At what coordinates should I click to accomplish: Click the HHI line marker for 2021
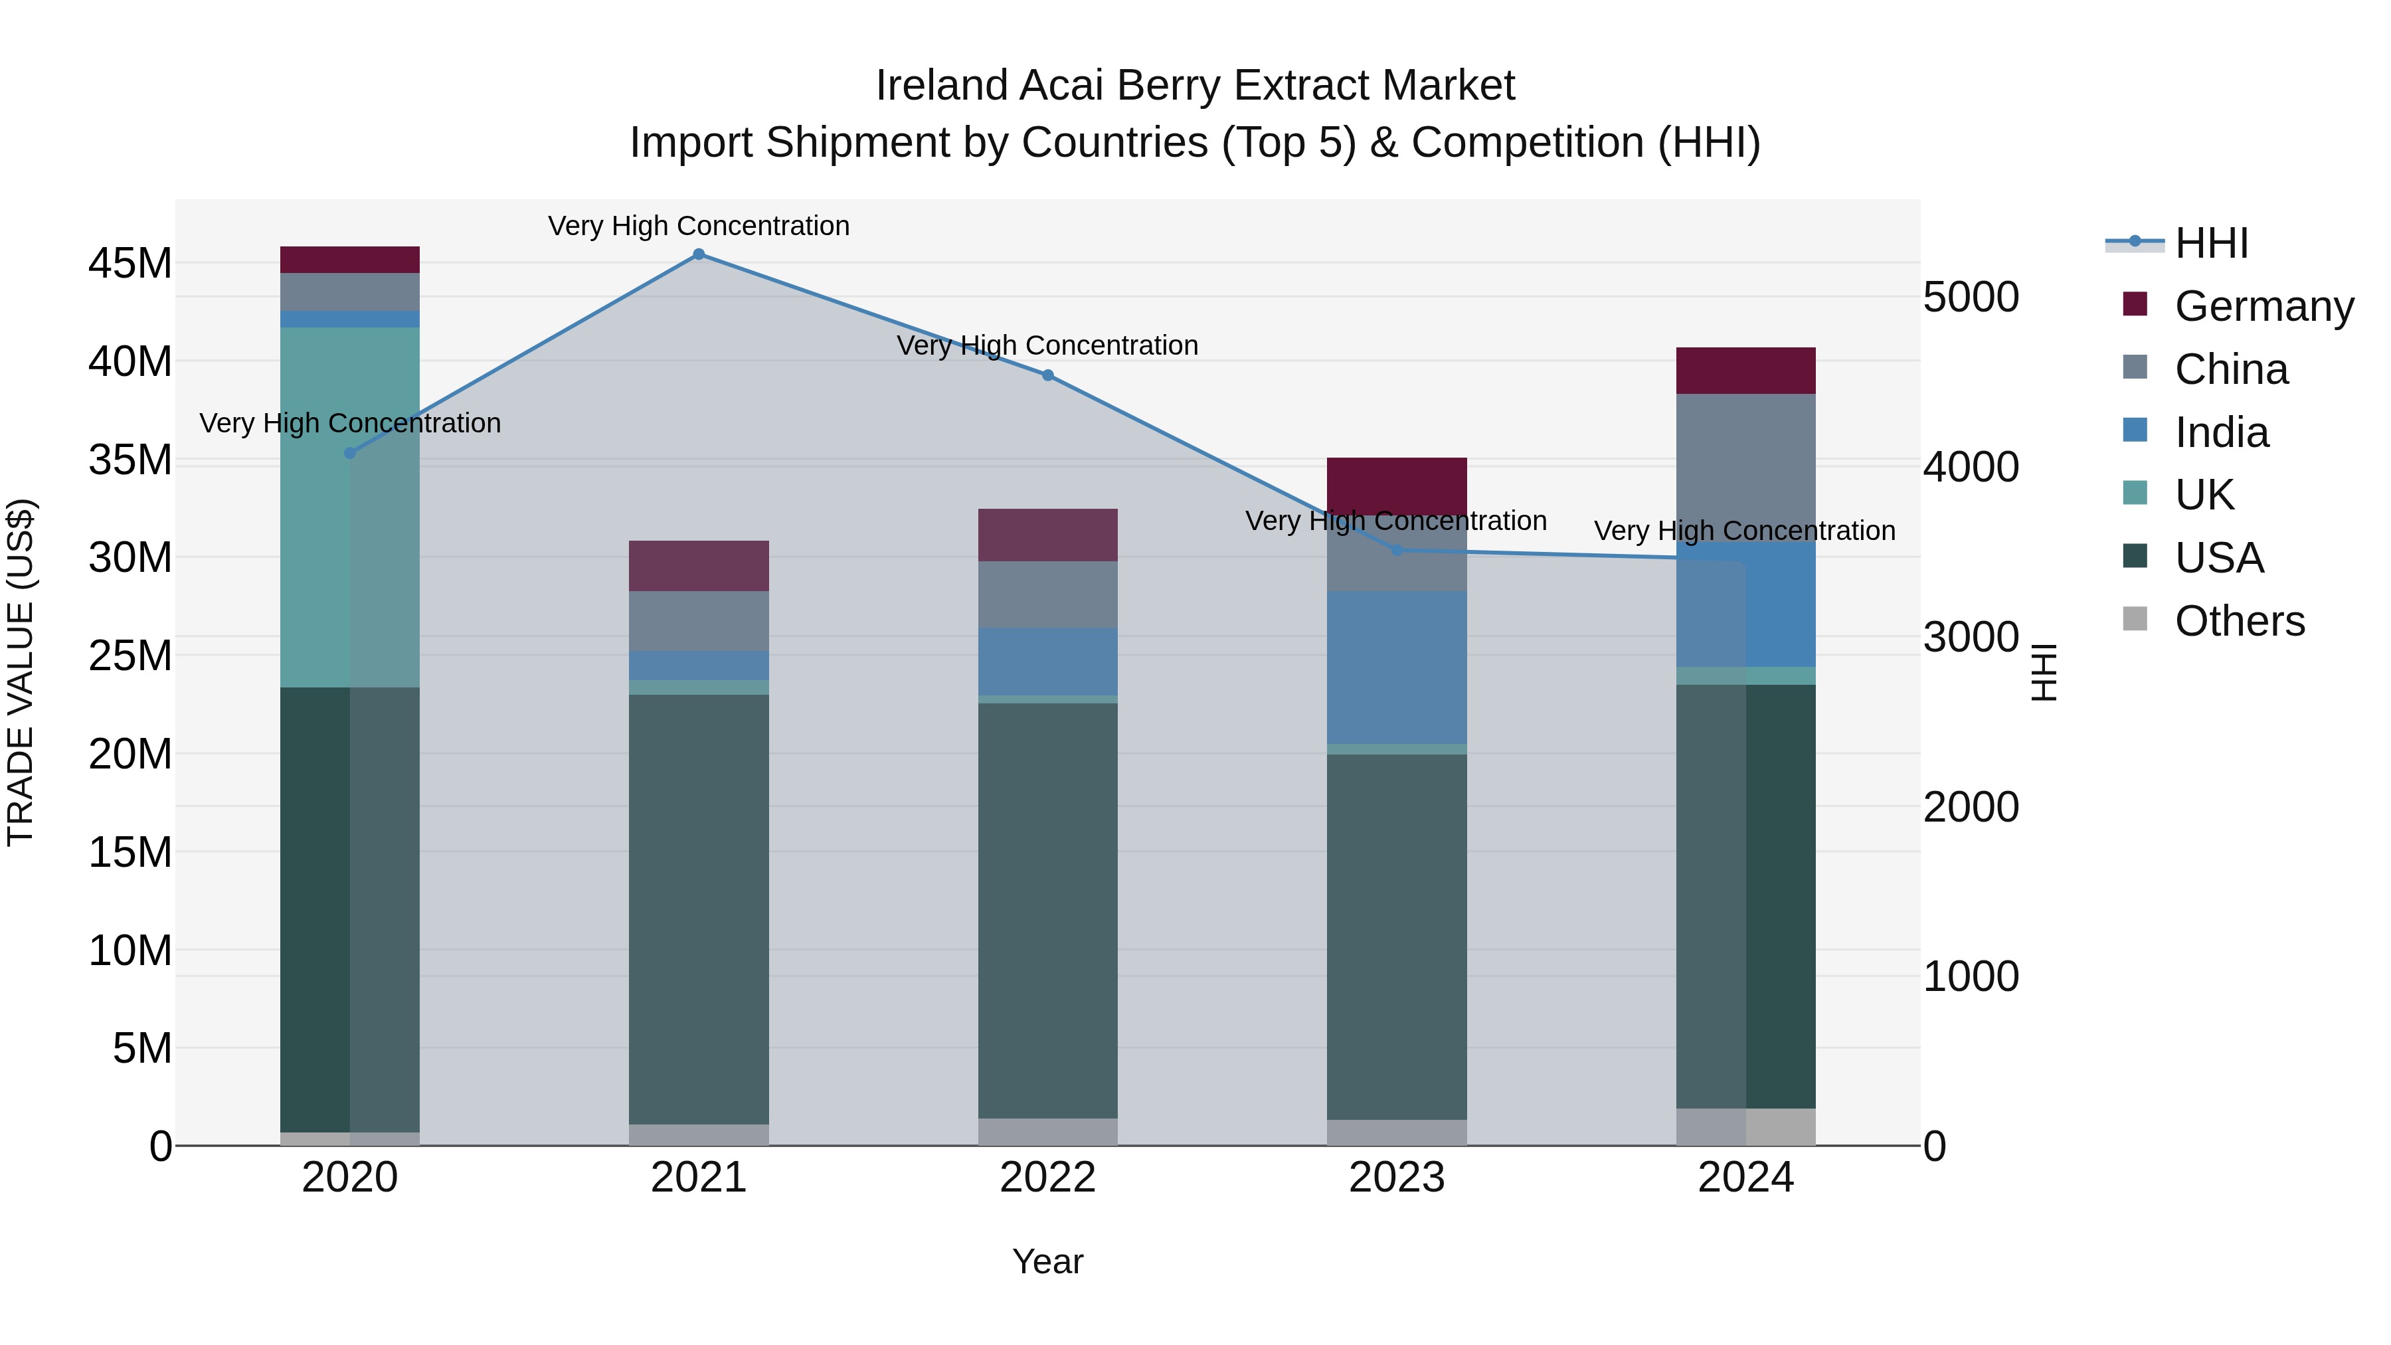point(699,254)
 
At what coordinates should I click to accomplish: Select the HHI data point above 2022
point(1048,375)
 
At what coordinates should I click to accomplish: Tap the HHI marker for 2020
point(350,453)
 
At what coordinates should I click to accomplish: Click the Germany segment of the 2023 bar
point(1397,485)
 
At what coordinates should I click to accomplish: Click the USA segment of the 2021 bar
point(699,910)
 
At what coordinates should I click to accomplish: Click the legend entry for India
point(2221,432)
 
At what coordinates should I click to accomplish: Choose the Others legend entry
point(2239,621)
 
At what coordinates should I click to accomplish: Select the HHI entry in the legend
point(2211,243)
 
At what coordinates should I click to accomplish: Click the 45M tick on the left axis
point(130,264)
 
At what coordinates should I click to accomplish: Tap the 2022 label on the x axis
point(1048,1178)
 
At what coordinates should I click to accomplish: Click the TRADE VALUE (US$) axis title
point(21,672)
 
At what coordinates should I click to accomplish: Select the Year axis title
point(1048,1261)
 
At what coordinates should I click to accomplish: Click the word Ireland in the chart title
point(941,86)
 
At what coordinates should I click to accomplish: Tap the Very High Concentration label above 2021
point(699,226)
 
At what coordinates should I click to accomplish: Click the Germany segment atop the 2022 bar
point(1048,535)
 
